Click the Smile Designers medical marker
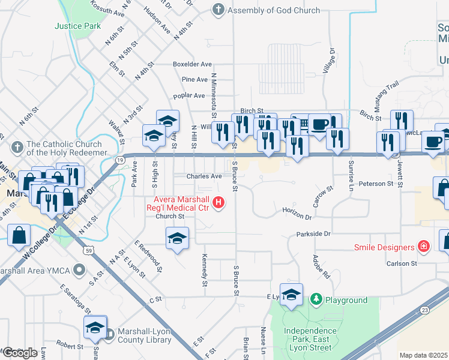click(x=424, y=247)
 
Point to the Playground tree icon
click(x=316, y=299)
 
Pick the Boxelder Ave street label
click(x=192, y=64)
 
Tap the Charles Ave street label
click(x=204, y=176)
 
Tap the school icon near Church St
click(x=177, y=238)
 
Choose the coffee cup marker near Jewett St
click(x=433, y=142)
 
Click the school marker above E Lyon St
click(x=291, y=294)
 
